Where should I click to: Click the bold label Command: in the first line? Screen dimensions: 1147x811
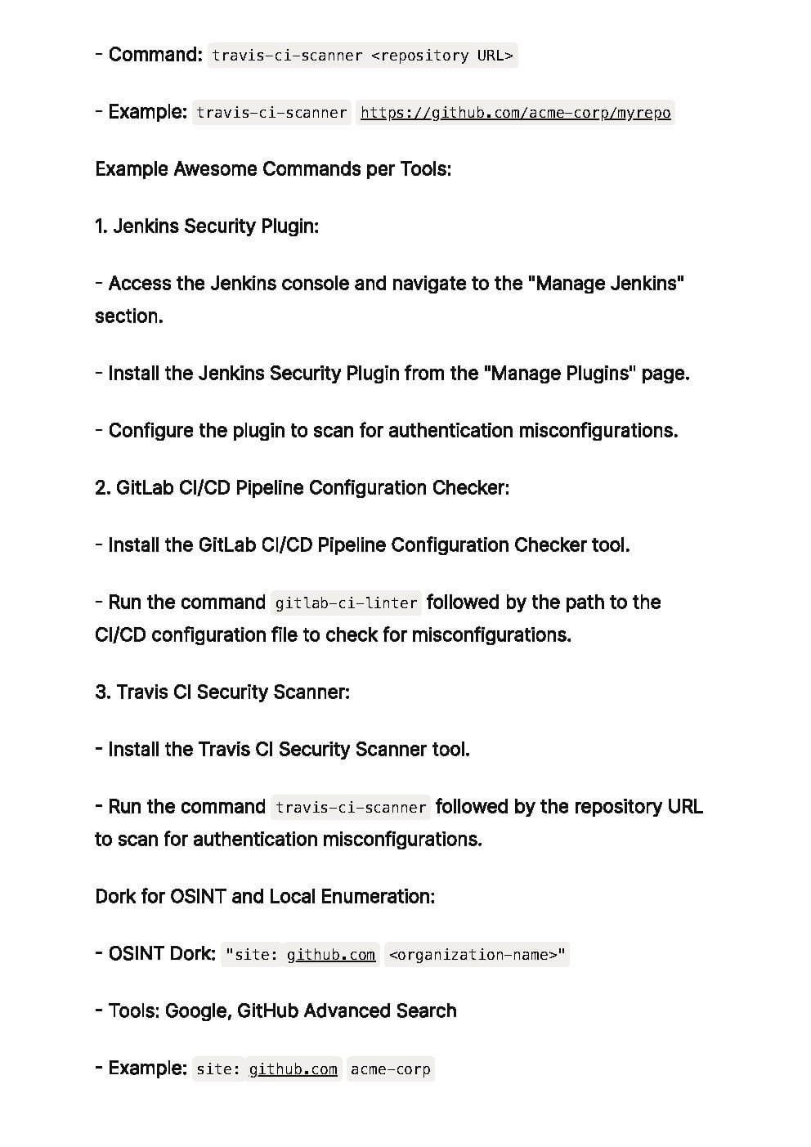tap(155, 55)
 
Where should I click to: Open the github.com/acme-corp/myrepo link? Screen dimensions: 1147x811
tap(515, 113)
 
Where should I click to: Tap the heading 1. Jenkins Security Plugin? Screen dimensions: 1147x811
tap(207, 226)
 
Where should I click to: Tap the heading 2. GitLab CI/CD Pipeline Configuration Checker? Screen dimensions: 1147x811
tap(302, 488)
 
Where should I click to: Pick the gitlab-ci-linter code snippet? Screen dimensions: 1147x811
tap(346, 603)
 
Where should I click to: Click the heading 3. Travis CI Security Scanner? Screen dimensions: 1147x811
tap(222, 692)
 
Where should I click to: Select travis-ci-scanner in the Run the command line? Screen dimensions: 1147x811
tap(351, 808)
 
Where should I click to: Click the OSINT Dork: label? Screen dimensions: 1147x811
tap(162, 954)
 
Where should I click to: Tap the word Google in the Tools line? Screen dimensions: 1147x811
tap(196, 1011)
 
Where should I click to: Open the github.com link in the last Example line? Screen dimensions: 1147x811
tap(293, 1069)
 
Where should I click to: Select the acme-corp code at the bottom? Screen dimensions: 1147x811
tap(390, 1069)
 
